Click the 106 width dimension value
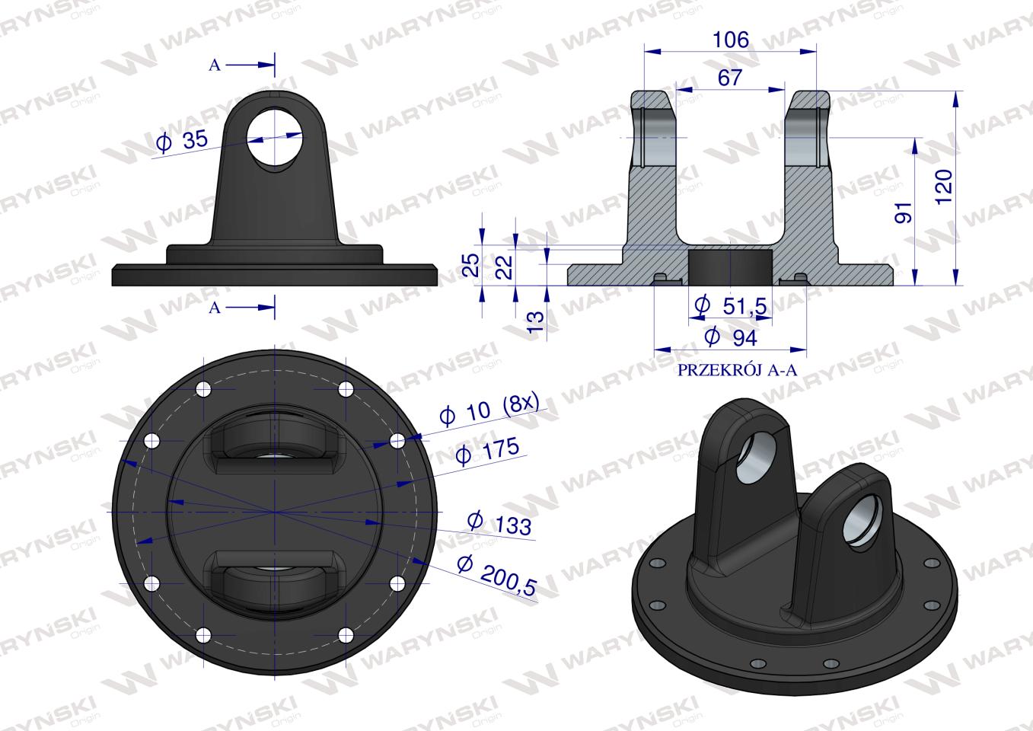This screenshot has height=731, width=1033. click(731, 40)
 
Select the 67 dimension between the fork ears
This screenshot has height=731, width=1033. click(730, 78)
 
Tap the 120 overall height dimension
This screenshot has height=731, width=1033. click(944, 187)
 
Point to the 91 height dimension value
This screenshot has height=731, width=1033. click(904, 212)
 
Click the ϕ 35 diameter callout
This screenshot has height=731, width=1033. click(182, 141)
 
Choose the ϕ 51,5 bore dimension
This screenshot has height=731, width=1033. click(731, 305)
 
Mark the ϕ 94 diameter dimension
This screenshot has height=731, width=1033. click(731, 337)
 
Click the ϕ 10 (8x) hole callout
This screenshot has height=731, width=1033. click(489, 409)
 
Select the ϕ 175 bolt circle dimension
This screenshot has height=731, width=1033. click(487, 450)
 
